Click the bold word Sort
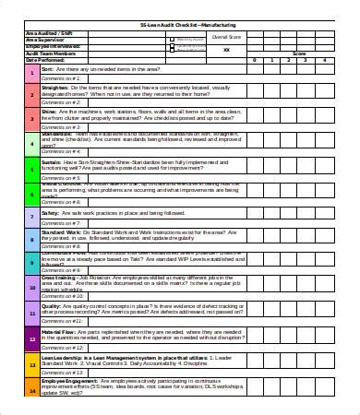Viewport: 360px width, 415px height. (x=47, y=68)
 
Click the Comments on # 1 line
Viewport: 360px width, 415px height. (x=59, y=77)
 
